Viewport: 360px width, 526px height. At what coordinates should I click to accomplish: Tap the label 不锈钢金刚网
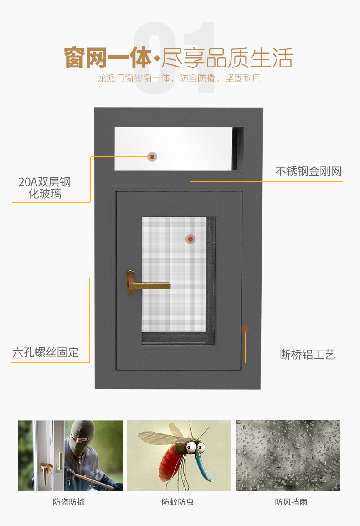coord(308,171)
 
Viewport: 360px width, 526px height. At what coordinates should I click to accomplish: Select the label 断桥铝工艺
coord(308,354)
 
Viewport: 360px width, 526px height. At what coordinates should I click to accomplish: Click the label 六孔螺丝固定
coord(46,352)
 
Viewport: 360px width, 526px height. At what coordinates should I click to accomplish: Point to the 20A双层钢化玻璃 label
coord(45,188)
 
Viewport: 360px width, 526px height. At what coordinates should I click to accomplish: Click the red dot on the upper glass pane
coord(152,157)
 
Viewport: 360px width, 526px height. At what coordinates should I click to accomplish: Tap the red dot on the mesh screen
coord(190,238)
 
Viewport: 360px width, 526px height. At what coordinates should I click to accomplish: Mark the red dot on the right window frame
coord(245,328)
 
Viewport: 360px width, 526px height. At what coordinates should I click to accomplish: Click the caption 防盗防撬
coord(69,502)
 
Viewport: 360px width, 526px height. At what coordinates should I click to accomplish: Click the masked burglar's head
coord(82,435)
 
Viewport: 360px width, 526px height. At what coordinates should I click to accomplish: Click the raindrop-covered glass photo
coord(288,455)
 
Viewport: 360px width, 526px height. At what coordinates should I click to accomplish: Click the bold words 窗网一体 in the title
coord(108,58)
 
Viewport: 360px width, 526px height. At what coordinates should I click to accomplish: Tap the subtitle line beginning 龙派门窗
coord(179,78)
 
